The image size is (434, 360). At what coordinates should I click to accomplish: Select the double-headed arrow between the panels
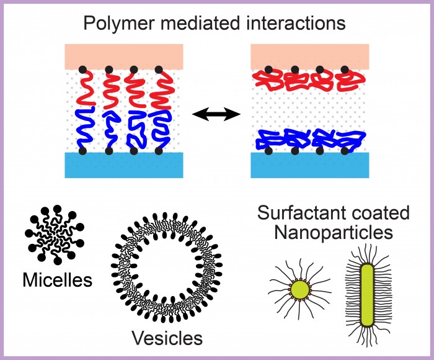[216, 114]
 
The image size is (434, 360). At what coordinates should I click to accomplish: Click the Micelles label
[57, 280]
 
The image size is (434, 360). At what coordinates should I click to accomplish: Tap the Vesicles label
[167, 338]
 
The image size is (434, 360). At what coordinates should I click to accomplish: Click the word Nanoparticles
[334, 233]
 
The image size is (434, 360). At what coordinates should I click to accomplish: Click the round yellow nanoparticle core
[300, 290]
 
